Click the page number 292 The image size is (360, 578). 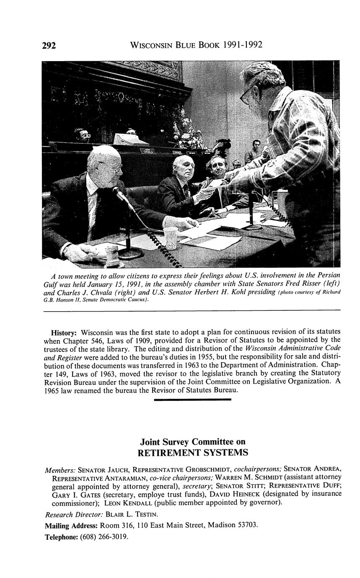click(49, 46)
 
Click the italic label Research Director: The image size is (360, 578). click(74, 514)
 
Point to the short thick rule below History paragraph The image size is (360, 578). click(193, 400)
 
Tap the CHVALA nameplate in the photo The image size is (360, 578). click(148, 152)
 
